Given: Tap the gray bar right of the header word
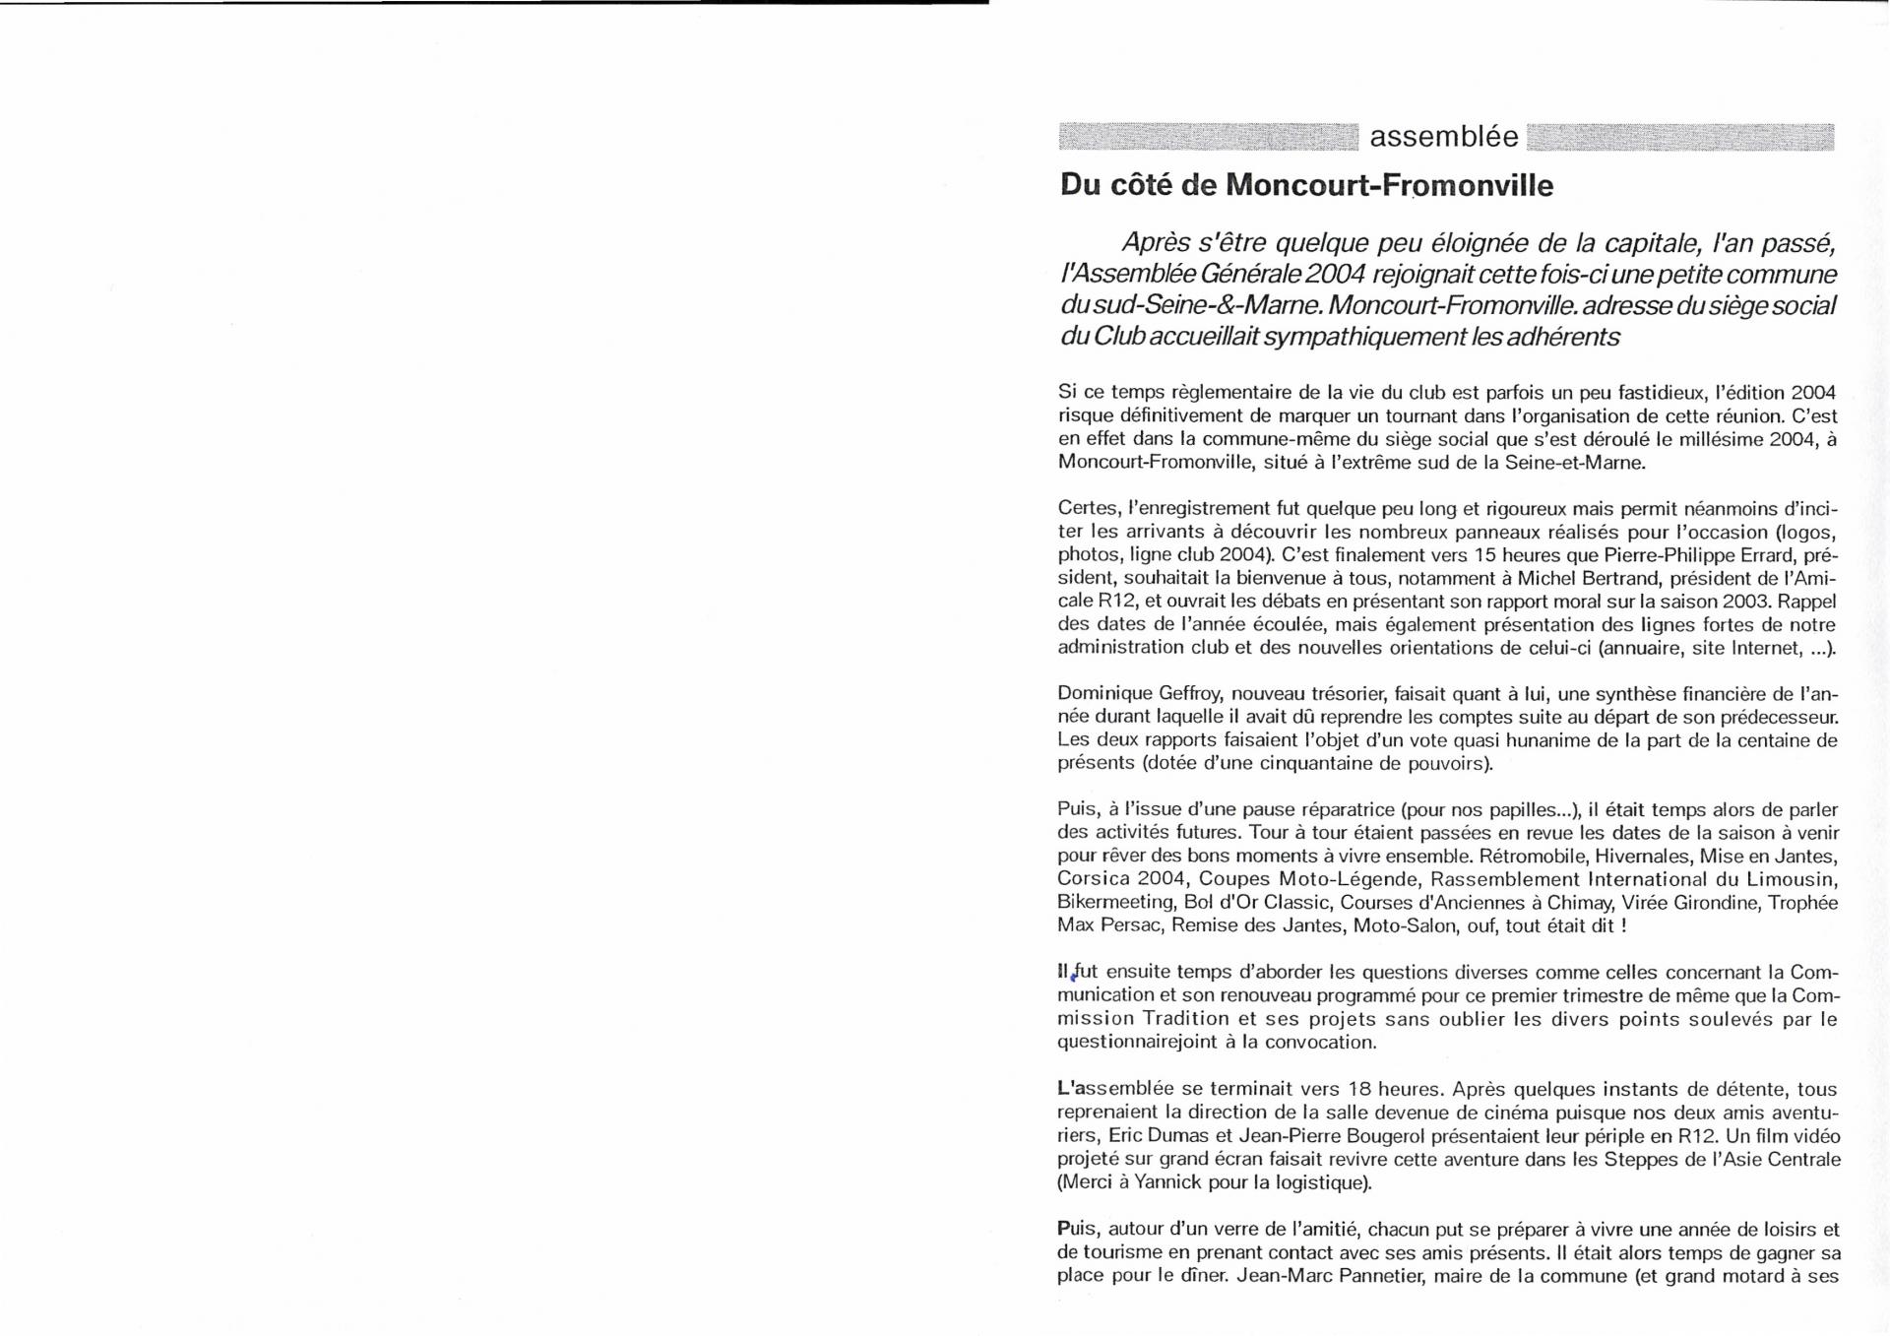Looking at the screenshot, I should tap(1679, 137).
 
